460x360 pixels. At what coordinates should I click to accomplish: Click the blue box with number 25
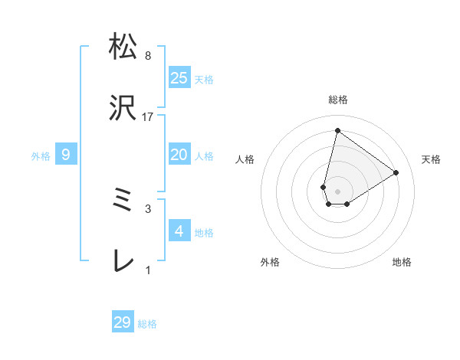[179, 77]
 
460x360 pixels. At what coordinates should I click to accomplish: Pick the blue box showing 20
[179, 155]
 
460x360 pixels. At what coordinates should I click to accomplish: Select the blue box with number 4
[179, 231]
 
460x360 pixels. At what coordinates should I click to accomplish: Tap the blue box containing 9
[66, 155]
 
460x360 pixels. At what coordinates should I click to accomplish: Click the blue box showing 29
[123, 322]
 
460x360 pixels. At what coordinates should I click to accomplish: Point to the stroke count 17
[148, 117]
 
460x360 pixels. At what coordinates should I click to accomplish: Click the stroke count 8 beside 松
[148, 55]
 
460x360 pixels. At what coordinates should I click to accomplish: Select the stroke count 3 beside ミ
[148, 208]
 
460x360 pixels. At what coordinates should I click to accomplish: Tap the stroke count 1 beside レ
[148, 270]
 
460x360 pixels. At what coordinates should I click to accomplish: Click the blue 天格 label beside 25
[204, 79]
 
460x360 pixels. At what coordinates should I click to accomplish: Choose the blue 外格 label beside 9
[41, 156]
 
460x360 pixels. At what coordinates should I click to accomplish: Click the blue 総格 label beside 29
[147, 324]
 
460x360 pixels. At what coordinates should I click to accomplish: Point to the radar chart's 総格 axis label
[338, 100]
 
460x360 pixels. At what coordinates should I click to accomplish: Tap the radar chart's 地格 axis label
[402, 262]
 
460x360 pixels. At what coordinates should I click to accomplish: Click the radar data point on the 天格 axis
[396, 173]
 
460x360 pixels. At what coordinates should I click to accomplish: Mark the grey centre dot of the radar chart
[338, 191]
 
